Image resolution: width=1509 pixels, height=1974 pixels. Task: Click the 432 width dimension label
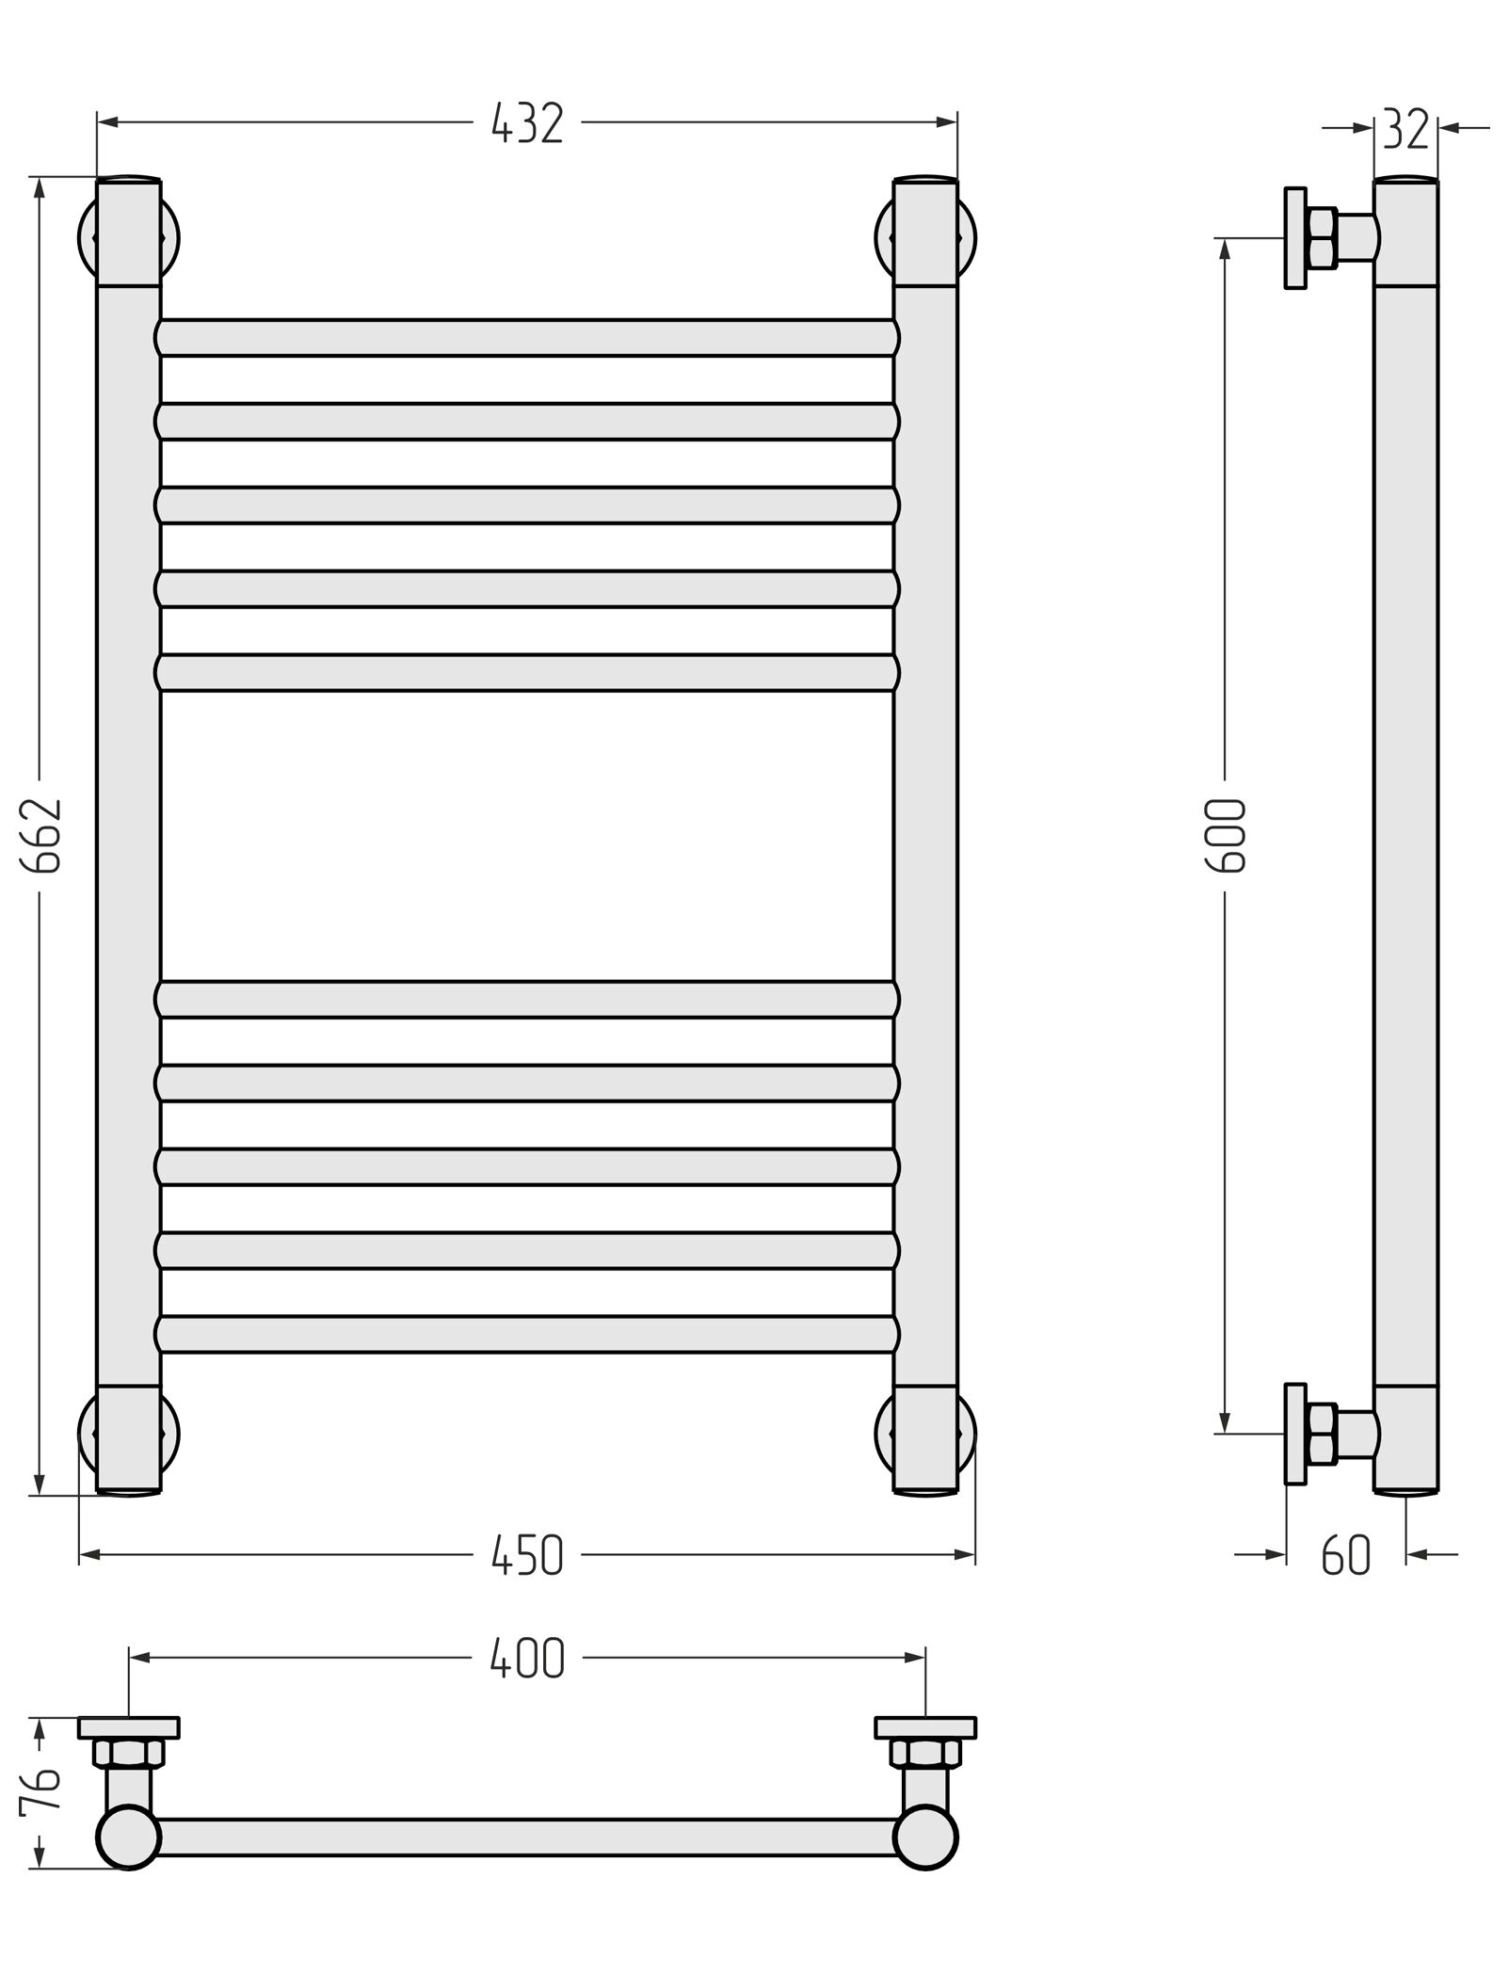click(x=527, y=123)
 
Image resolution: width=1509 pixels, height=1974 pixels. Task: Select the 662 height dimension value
click(x=41, y=836)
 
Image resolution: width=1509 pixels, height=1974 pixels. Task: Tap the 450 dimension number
click(x=527, y=1555)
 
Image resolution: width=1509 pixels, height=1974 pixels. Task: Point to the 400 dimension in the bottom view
click(x=527, y=1659)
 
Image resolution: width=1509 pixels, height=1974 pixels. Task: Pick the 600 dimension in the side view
click(x=1227, y=836)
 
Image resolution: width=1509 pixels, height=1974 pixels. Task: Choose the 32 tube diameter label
click(x=1406, y=129)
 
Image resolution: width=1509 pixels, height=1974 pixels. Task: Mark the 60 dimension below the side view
click(x=1346, y=1555)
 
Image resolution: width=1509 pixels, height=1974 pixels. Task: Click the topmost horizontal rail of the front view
click(x=527, y=338)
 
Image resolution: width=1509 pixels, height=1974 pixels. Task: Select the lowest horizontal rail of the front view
click(x=527, y=1334)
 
